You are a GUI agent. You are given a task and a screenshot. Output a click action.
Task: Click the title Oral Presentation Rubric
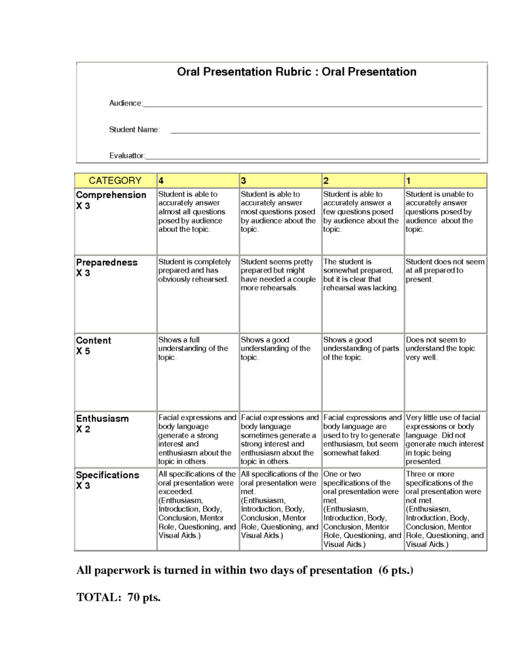297,72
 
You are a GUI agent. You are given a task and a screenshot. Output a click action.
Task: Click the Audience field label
125,104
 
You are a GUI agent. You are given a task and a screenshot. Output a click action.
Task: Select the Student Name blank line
325,132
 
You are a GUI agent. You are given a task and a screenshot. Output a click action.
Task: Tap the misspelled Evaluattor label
127,155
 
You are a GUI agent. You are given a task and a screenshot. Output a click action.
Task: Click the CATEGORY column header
115,181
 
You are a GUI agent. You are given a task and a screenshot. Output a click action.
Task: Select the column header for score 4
197,181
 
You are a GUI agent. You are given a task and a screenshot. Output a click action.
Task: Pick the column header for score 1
445,181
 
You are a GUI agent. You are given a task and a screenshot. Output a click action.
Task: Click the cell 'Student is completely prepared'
194,270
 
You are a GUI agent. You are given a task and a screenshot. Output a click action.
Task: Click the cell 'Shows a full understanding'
193,349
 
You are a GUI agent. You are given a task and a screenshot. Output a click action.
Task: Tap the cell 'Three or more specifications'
444,508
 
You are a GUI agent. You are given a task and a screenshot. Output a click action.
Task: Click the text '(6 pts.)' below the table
396,570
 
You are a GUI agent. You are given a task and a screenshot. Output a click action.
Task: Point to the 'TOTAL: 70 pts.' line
119,597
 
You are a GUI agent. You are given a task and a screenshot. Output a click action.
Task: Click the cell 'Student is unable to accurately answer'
444,212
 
